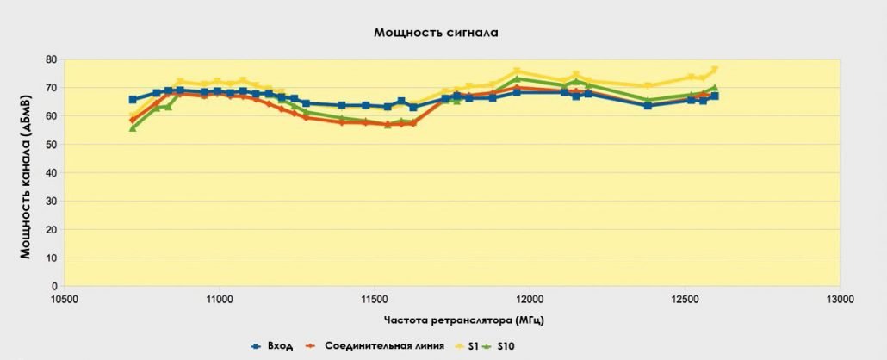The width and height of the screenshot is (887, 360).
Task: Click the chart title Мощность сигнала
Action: [436, 33]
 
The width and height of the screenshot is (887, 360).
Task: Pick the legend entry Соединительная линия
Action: [385, 346]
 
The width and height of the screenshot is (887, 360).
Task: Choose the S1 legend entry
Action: [473, 346]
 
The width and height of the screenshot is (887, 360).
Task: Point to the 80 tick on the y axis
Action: [51, 59]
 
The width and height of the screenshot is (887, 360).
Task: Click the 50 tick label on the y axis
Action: [51, 145]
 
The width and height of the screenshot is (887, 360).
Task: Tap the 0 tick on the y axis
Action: [54, 286]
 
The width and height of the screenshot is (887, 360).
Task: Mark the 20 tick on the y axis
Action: [51, 229]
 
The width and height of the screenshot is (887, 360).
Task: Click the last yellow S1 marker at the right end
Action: [714, 70]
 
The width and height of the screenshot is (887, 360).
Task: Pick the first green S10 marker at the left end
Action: [133, 127]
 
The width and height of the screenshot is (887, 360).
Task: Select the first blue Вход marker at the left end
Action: [133, 100]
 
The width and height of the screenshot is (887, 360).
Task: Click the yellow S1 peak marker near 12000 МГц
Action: [517, 71]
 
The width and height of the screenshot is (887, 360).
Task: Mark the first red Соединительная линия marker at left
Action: [133, 121]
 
